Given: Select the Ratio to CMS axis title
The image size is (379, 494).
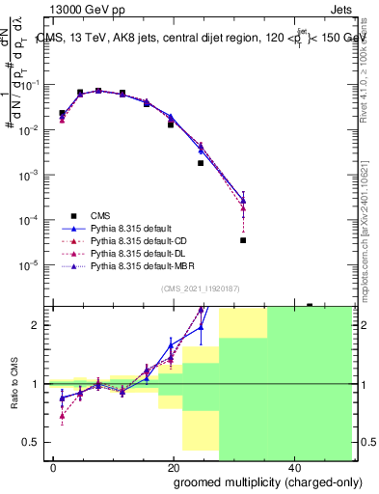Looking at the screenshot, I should [x=14, y=384].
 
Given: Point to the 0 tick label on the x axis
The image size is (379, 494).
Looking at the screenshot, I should [x=54, y=467].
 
